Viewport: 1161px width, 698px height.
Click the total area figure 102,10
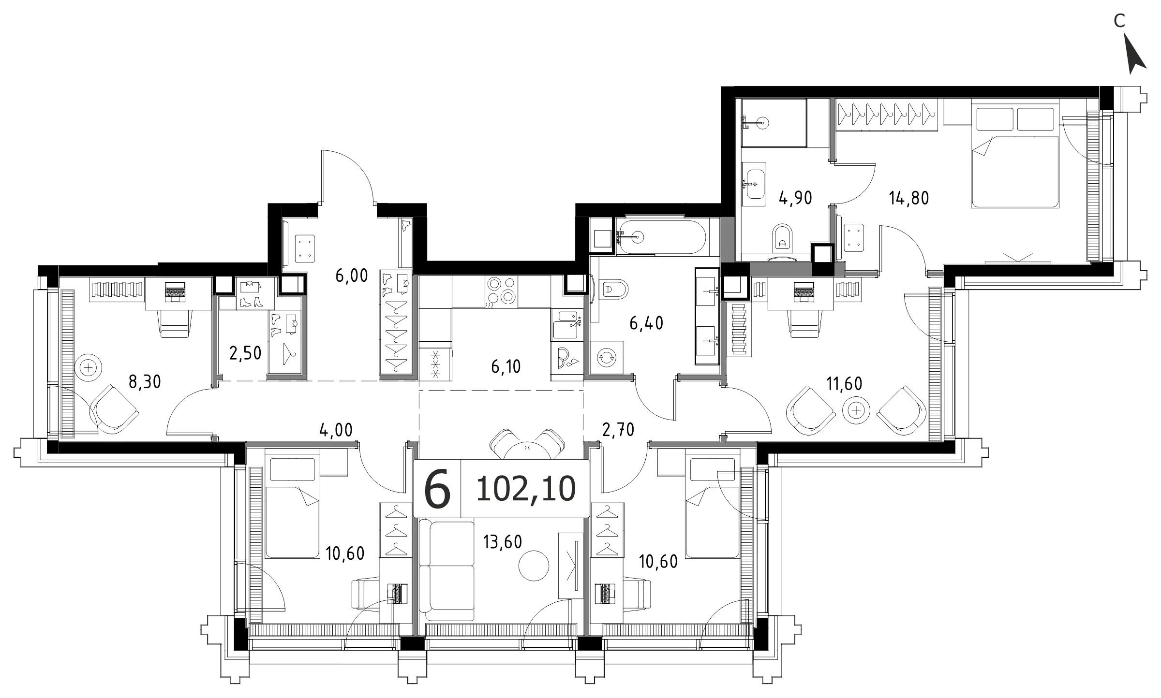(x=526, y=489)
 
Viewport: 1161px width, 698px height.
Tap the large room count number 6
(x=437, y=489)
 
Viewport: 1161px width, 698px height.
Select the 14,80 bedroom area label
(x=909, y=198)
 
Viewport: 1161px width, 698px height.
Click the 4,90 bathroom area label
(x=795, y=198)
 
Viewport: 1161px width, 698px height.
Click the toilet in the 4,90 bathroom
(x=782, y=239)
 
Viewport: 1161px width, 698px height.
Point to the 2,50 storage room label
(x=245, y=353)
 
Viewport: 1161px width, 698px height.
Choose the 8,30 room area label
(x=145, y=382)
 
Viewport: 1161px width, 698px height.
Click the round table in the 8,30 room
(x=89, y=368)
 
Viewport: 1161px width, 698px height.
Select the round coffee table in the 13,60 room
(x=534, y=565)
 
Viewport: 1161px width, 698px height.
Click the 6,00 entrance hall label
(x=352, y=276)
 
